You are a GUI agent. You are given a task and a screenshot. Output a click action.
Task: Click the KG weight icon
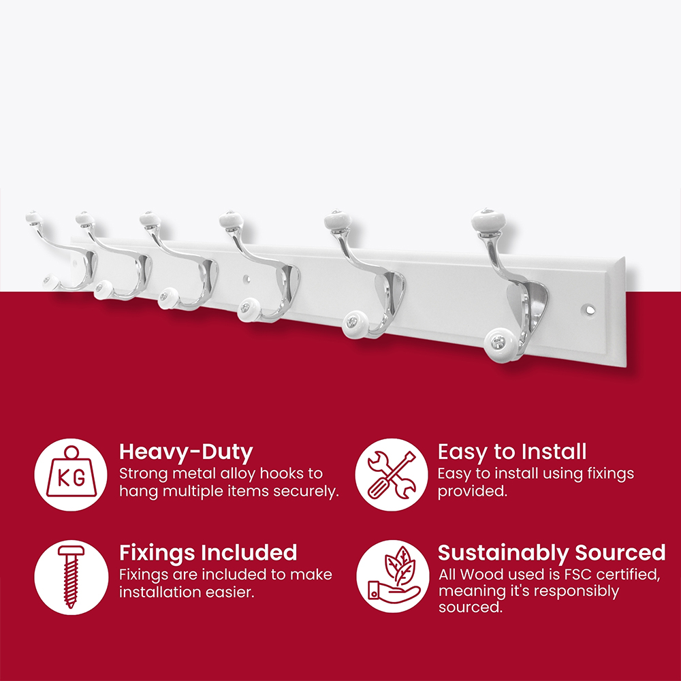tap(71, 472)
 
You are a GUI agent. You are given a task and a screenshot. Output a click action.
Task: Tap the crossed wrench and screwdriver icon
tap(392, 475)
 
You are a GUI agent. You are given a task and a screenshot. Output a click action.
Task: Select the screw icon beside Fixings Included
tap(71, 576)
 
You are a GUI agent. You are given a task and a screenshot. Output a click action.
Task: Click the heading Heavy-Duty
tap(186, 453)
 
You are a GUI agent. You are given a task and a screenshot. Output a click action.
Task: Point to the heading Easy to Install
tap(512, 452)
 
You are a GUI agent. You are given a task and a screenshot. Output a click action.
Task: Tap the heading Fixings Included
tap(208, 553)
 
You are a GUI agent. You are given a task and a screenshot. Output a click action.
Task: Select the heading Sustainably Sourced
tap(552, 553)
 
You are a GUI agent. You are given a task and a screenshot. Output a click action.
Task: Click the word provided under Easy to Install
tap(473, 491)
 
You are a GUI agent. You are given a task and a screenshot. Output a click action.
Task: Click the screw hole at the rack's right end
tap(589, 310)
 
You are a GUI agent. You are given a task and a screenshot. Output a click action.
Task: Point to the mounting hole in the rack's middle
tap(247, 278)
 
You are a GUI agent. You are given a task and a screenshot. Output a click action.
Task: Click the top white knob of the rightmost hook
tap(488, 219)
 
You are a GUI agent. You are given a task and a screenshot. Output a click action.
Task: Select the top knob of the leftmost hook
tap(34, 217)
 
